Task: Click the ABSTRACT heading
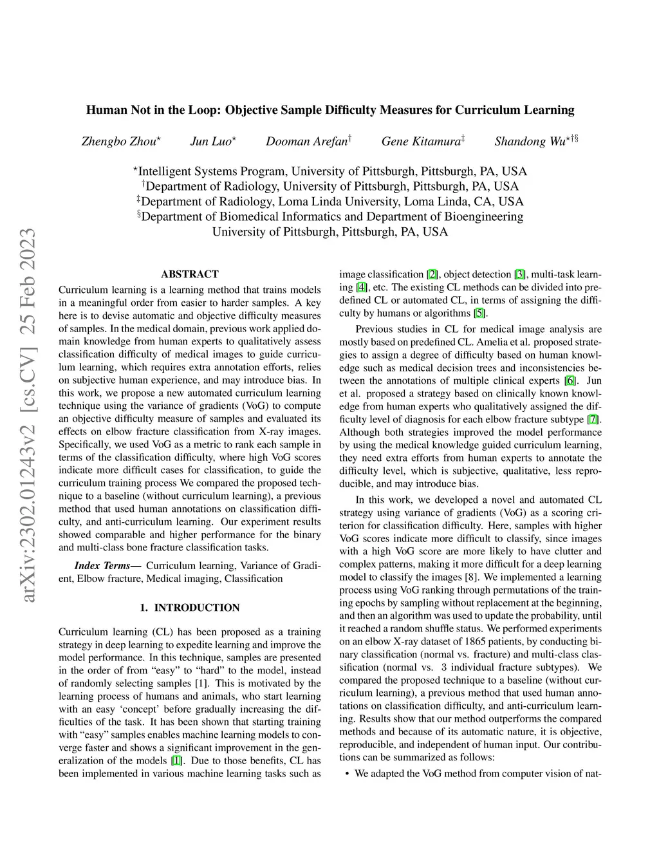coord(190,274)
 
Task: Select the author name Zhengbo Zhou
coord(118,142)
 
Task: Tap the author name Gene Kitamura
coord(421,142)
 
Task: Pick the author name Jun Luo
coord(210,142)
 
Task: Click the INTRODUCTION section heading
coord(197,608)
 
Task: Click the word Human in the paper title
coord(107,110)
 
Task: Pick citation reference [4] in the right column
coord(362,288)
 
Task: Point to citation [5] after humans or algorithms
coord(480,314)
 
